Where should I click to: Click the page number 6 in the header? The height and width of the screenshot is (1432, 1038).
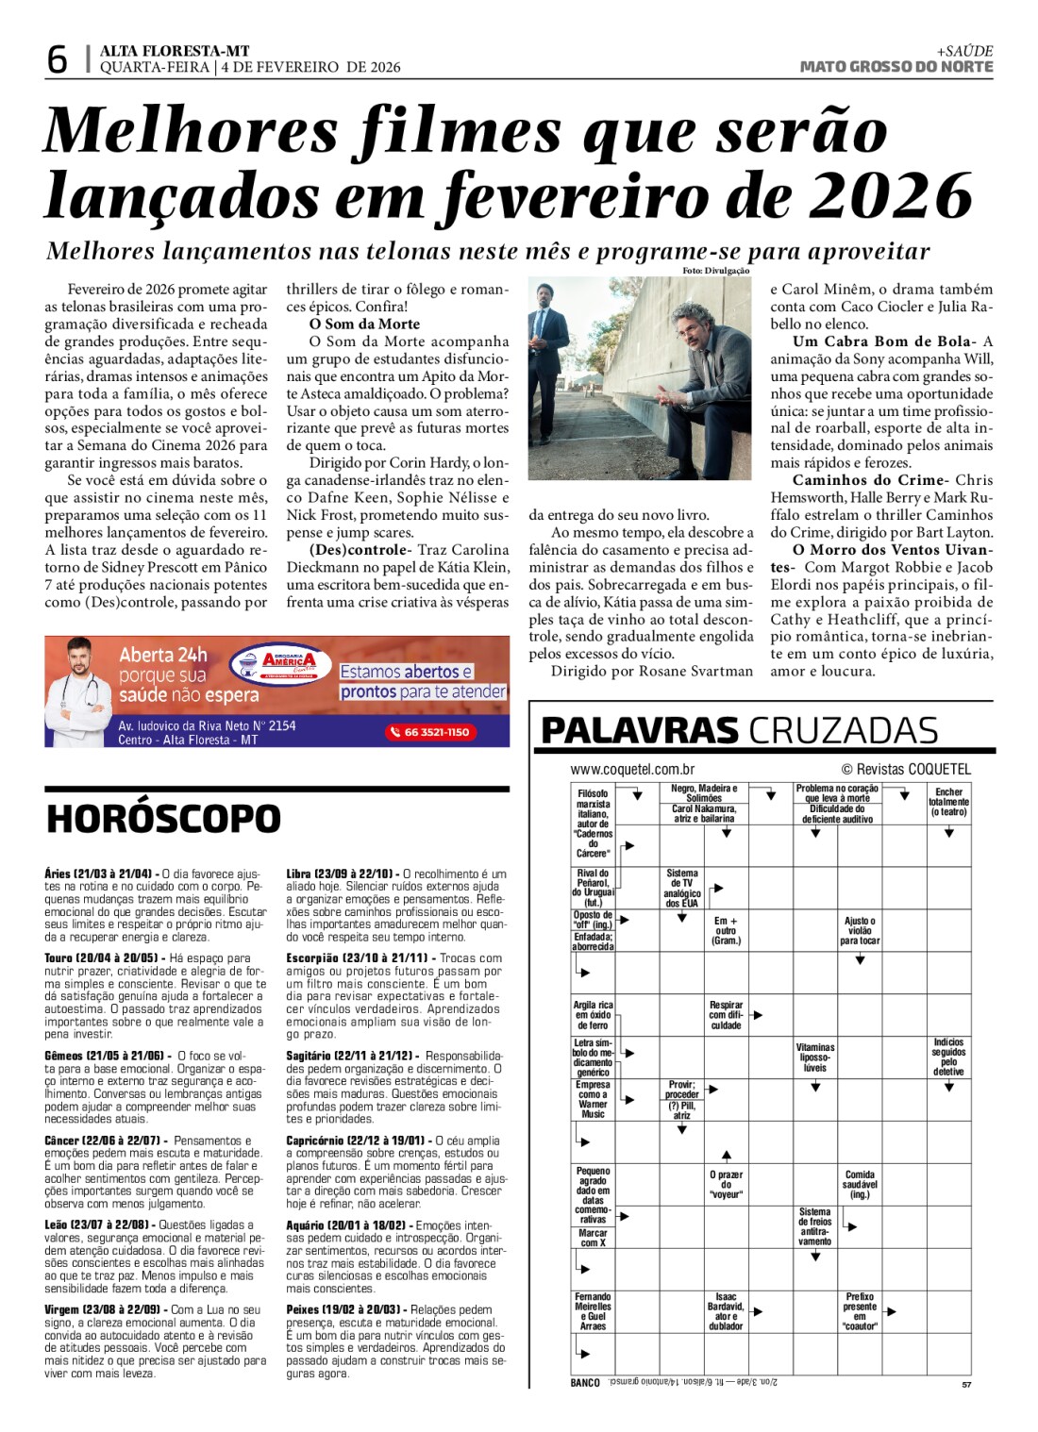pyautogui.click(x=58, y=59)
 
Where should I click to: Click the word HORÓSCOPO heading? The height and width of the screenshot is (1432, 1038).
pyautogui.click(x=163, y=819)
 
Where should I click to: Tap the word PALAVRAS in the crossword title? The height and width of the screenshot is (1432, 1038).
pyautogui.click(x=640, y=731)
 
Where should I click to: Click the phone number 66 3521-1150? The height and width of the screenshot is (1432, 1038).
pyautogui.click(x=430, y=732)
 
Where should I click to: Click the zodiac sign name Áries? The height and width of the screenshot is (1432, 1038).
pyautogui.click(x=57, y=874)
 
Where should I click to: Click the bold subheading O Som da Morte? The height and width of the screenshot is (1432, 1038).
pyautogui.click(x=364, y=324)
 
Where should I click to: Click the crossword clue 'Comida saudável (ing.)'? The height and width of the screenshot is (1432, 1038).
pyautogui.click(x=860, y=1184)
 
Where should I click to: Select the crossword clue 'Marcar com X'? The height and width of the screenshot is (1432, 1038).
pyautogui.click(x=593, y=1238)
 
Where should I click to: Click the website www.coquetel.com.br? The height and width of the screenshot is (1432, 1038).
pyautogui.click(x=632, y=770)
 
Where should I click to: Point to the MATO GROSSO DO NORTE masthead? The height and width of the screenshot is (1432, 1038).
pyautogui.click(x=896, y=67)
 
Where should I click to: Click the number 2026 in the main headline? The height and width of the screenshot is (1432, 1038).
pyautogui.click(x=891, y=196)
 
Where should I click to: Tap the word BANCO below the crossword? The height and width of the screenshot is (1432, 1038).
pyautogui.click(x=585, y=1383)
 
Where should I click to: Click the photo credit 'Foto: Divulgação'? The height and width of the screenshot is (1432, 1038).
pyautogui.click(x=715, y=272)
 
